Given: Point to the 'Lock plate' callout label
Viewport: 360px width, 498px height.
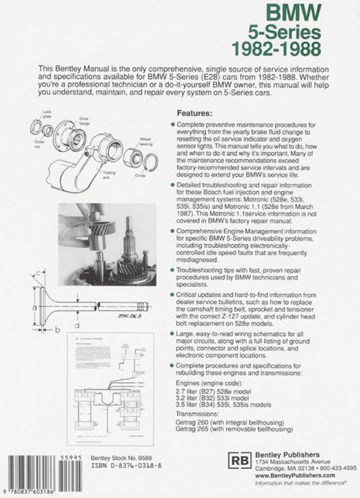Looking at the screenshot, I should click(47, 114).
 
